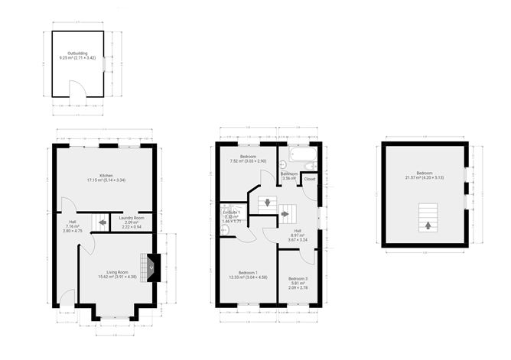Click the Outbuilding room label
tap(77, 56)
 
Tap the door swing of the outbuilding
tap(74, 89)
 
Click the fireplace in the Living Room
tap(152, 267)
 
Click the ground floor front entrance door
tap(67, 299)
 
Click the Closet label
tap(310, 178)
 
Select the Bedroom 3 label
tap(298, 281)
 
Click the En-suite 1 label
tap(231, 217)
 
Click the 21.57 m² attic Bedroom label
tap(424, 176)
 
